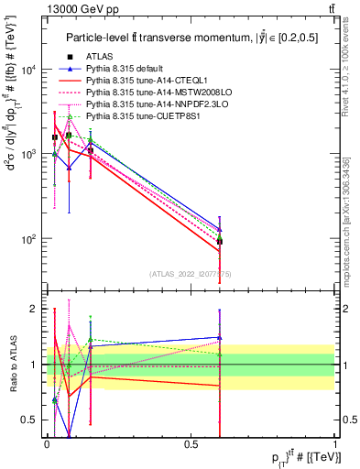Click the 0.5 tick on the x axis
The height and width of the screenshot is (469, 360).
coord(191,443)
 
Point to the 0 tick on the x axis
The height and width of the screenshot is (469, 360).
coord(47,443)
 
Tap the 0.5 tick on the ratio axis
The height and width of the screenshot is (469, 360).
coord(35,420)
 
